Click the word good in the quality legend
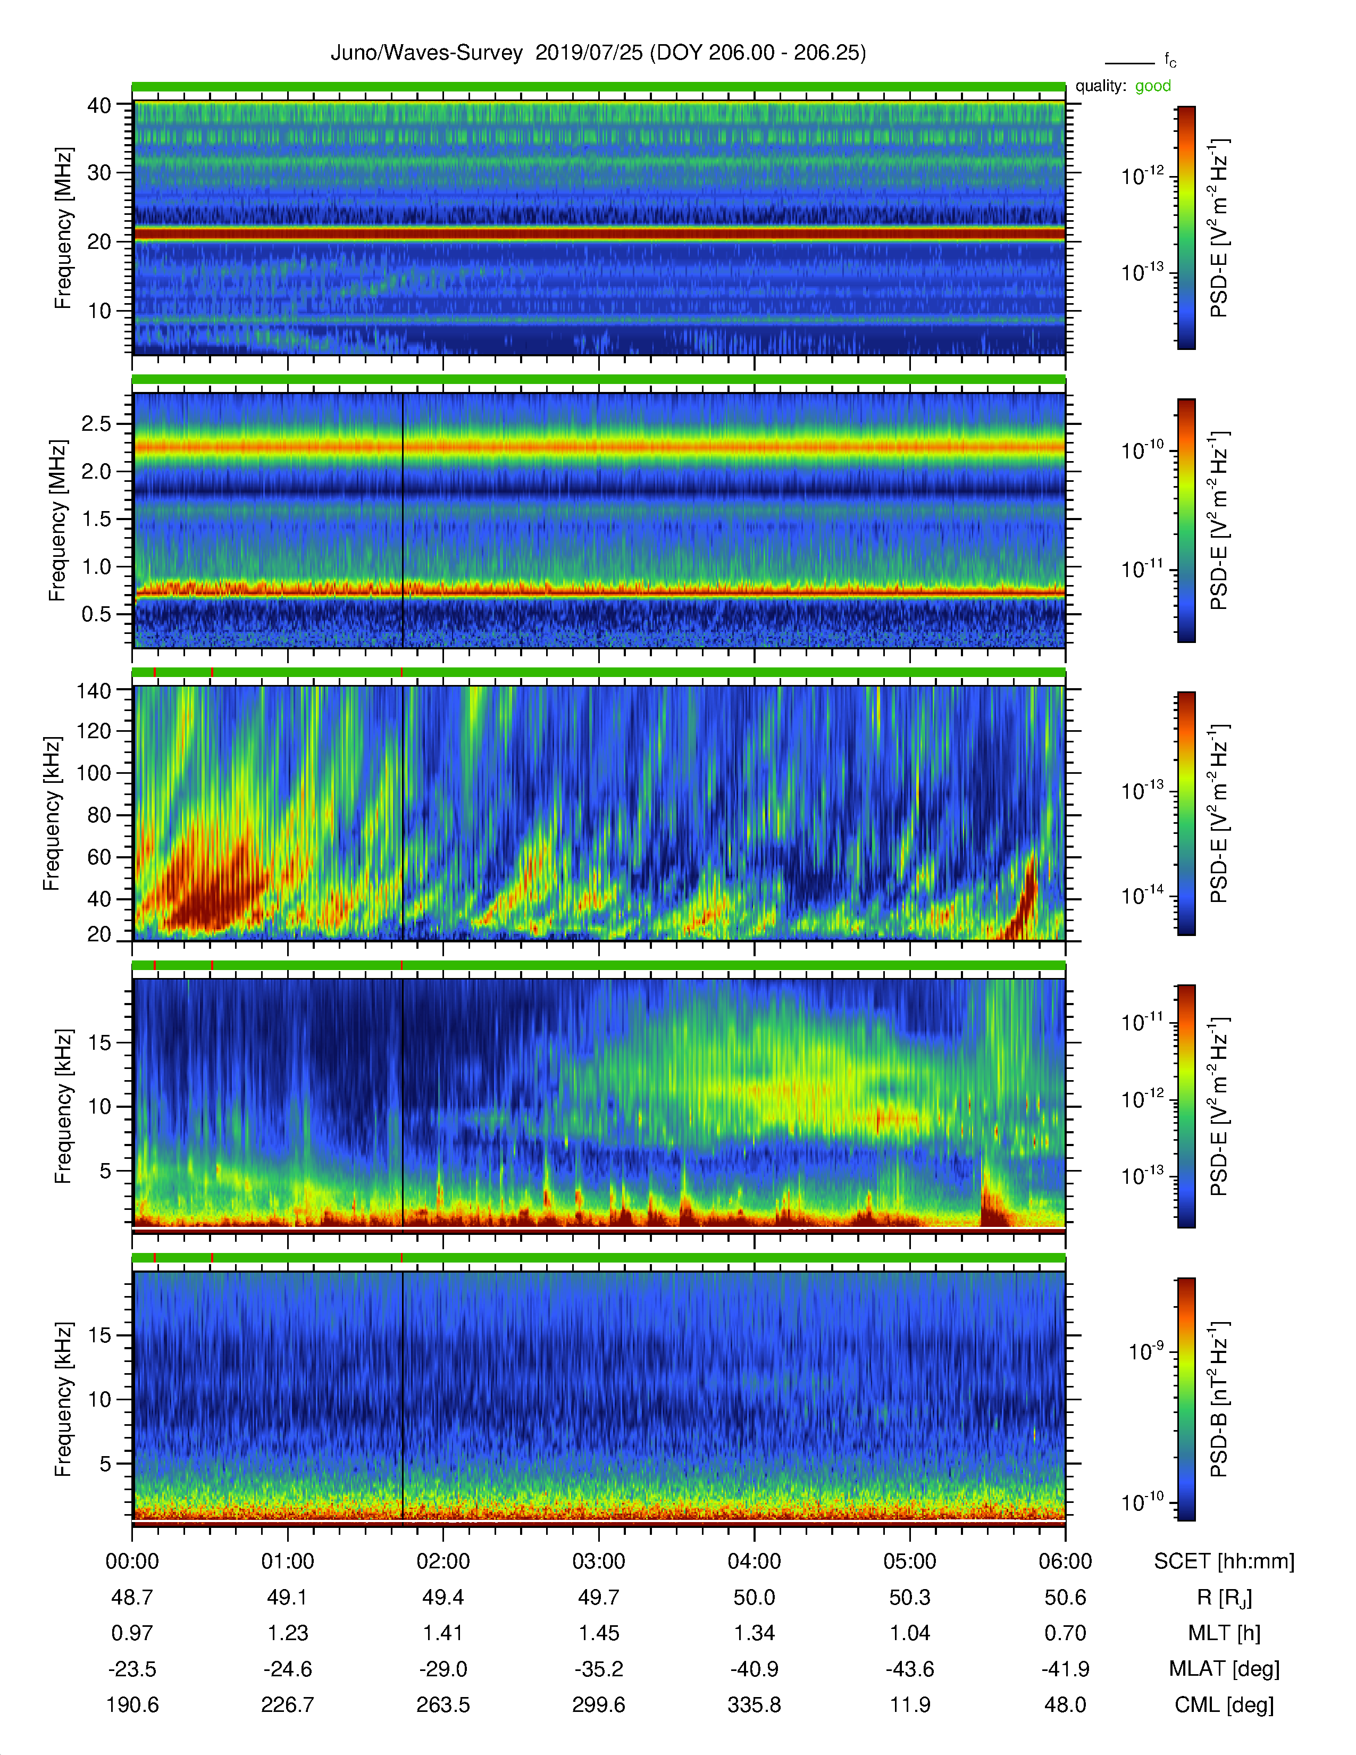coord(1153,86)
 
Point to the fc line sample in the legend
coord(1129,63)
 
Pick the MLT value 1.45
coord(598,1633)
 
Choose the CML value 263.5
coord(442,1705)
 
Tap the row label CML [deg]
coord(1224,1705)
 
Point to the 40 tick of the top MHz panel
coord(99,105)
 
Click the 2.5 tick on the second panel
coord(96,423)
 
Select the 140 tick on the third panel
coord(93,690)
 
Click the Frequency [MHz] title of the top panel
coord(63,228)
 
